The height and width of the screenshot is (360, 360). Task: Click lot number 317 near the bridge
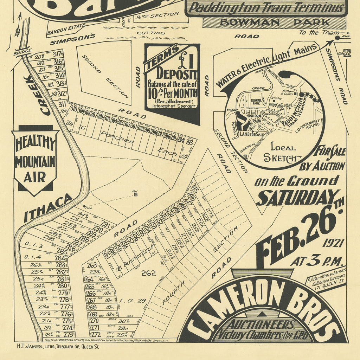[57, 54]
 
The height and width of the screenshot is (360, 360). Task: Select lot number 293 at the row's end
[189, 142]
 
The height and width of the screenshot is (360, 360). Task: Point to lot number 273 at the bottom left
[69, 334]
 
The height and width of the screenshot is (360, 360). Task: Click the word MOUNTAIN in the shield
[35, 162]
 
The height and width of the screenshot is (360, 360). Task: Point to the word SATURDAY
[297, 198]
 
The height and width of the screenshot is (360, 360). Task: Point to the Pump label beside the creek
[88, 208]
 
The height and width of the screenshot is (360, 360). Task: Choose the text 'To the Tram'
[314, 32]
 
